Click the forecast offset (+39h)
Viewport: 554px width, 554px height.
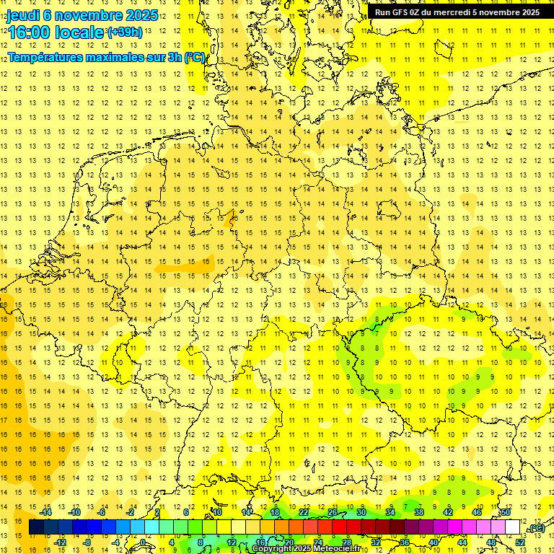[125, 32]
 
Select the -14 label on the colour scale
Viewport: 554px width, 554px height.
[48, 512]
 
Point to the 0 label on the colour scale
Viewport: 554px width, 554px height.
[144, 542]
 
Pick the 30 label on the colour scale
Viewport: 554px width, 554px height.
[361, 512]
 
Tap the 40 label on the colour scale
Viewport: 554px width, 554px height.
[434, 542]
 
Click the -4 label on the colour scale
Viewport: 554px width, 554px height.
[115, 542]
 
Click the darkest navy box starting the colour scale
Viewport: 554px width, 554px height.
[36, 527]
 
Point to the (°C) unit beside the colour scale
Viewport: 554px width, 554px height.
[536, 528]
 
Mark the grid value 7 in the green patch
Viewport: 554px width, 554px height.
[376, 333]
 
